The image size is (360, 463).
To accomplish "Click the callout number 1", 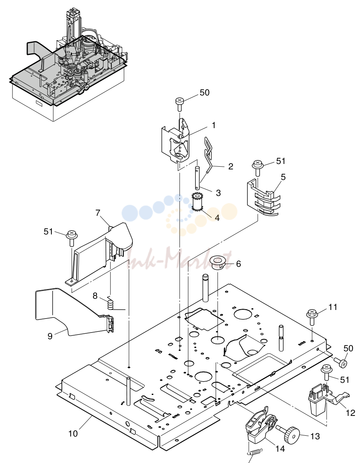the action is click(214, 125).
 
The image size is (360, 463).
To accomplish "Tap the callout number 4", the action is click(217, 218).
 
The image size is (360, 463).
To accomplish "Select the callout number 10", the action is click(73, 433).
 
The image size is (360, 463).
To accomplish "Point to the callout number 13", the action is click(315, 436).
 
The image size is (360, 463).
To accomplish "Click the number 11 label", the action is click(333, 307).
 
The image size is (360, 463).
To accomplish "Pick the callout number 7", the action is click(98, 213).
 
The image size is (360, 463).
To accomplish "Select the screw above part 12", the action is click(327, 372).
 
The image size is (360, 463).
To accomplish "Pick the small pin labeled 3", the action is click(197, 178).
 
